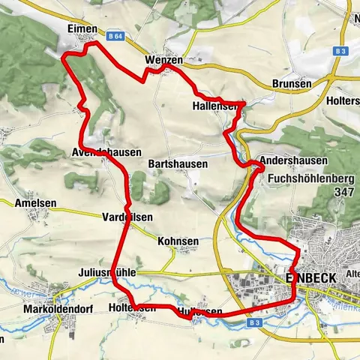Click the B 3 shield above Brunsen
pos(340,51)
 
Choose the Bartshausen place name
pos(178,163)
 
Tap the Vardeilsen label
pos(127,217)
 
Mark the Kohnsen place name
pos(178,241)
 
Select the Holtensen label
pos(132,307)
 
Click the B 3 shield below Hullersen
pos(253,323)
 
